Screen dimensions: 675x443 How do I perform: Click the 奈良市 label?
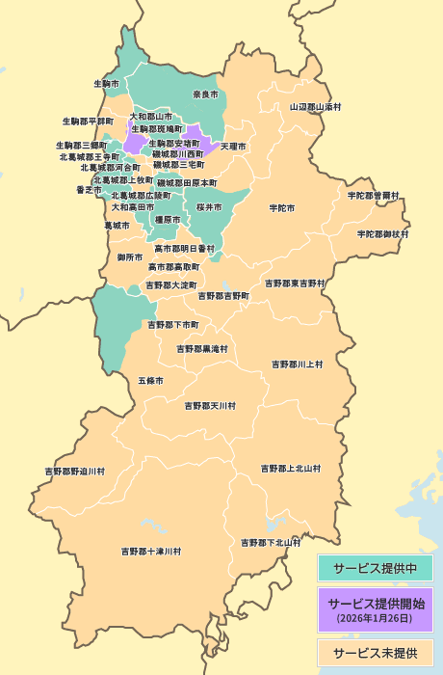click(x=205, y=94)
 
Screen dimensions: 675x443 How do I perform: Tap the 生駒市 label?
click(x=106, y=84)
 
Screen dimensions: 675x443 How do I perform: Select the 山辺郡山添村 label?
click(x=316, y=106)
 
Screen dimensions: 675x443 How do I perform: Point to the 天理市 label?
click(x=233, y=147)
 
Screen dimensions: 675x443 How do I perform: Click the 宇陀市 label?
click(x=282, y=207)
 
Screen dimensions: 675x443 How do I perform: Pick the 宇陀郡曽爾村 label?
click(x=374, y=195)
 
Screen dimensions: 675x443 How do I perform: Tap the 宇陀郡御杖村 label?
click(x=383, y=233)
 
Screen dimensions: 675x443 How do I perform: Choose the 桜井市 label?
click(x=209, y=207)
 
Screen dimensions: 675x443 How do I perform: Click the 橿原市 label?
click(x=168, y=220)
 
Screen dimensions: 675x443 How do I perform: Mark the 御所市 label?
click(x=130, y=257)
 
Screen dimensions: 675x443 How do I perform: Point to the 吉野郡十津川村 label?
click(x=151, y=552)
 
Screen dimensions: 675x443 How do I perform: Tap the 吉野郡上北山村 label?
click(x=291, y=469)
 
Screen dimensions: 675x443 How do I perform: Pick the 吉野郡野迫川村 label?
click(x=75, y=471)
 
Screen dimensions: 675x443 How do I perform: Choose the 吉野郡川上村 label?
click(x=298, y=364)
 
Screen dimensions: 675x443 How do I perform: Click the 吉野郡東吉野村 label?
click(x=296, y=283)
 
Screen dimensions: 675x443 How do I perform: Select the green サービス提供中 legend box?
click(x=375, y=569)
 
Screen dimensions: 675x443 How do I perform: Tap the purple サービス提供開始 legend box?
click(x=375, y=609)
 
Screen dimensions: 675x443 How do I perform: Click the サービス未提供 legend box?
click(x=375, y=653)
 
